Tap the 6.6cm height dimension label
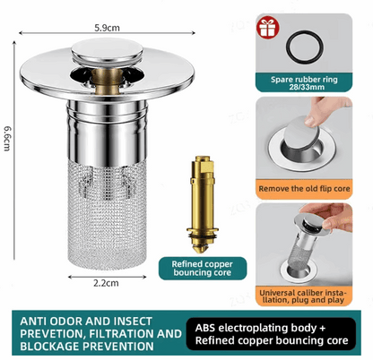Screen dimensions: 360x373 (x=7, y=136)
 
